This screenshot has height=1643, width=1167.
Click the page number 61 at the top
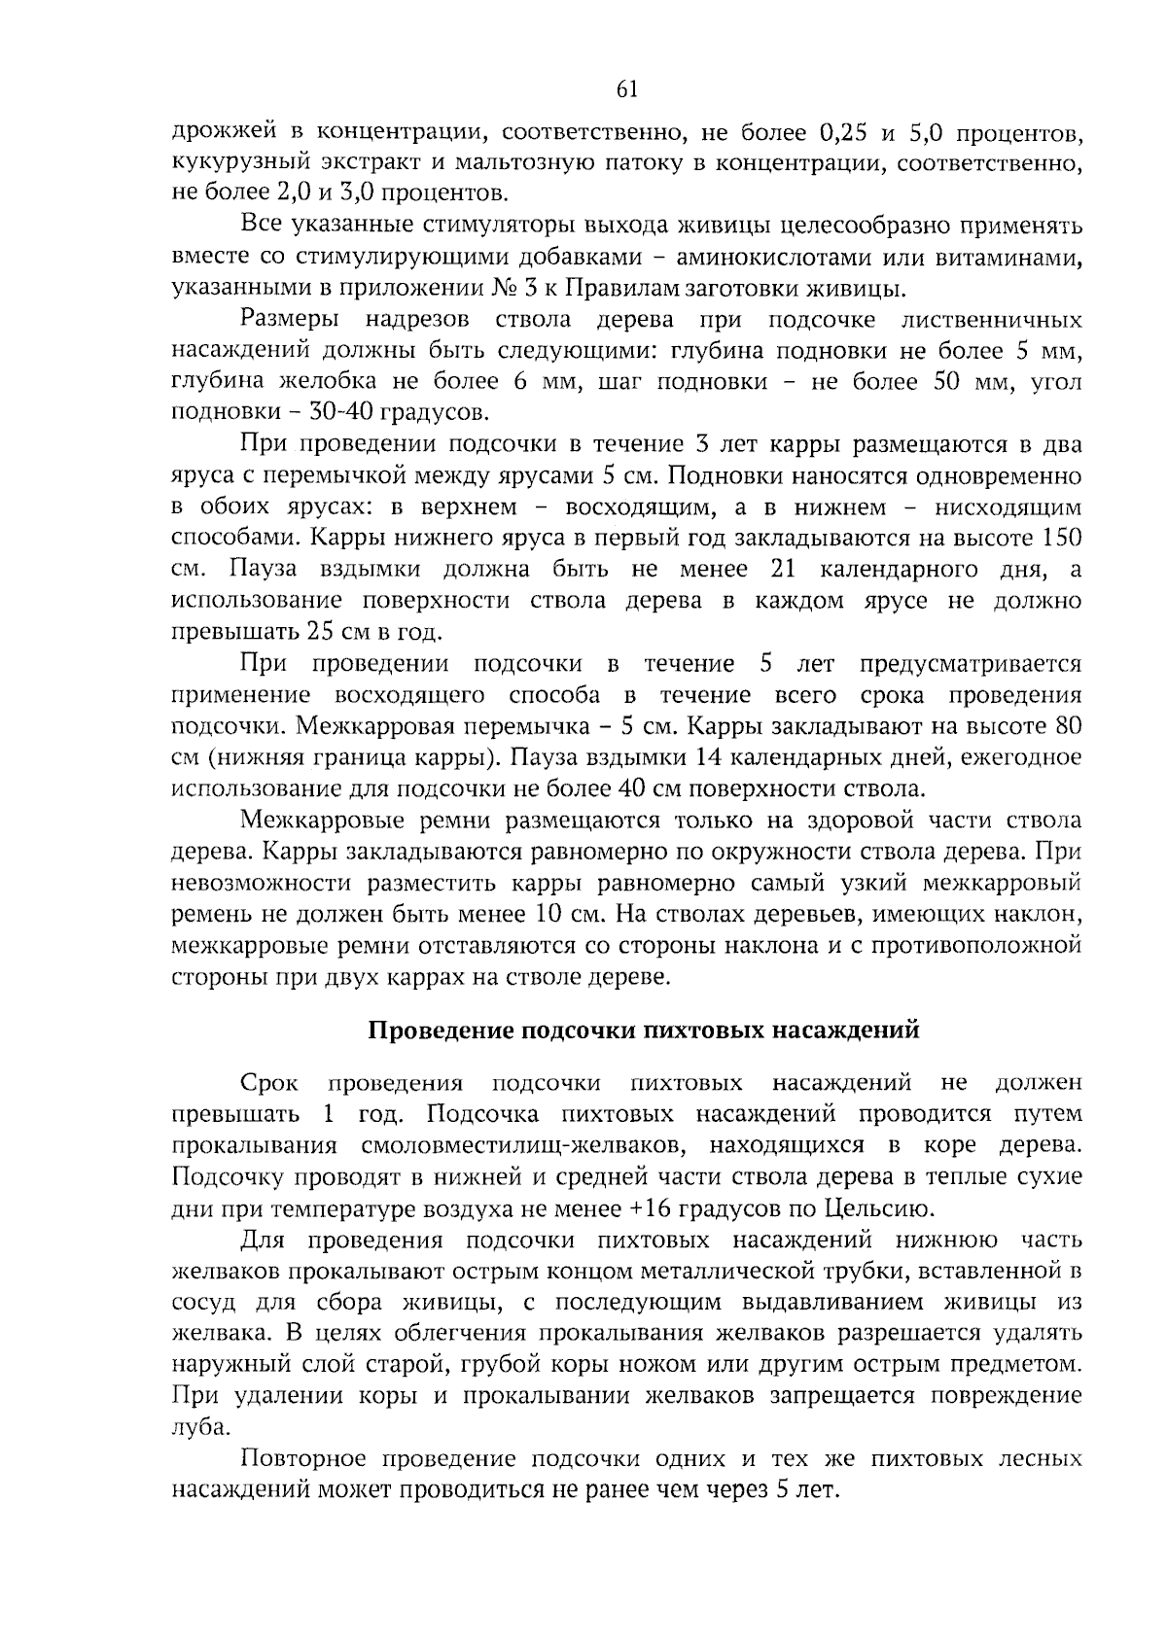(x=627, y=89)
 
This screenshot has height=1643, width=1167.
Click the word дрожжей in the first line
(x=220, y=130)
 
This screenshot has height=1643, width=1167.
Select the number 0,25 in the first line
(x=847, y=130)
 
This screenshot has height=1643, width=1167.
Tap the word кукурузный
(x=233, y=161)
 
